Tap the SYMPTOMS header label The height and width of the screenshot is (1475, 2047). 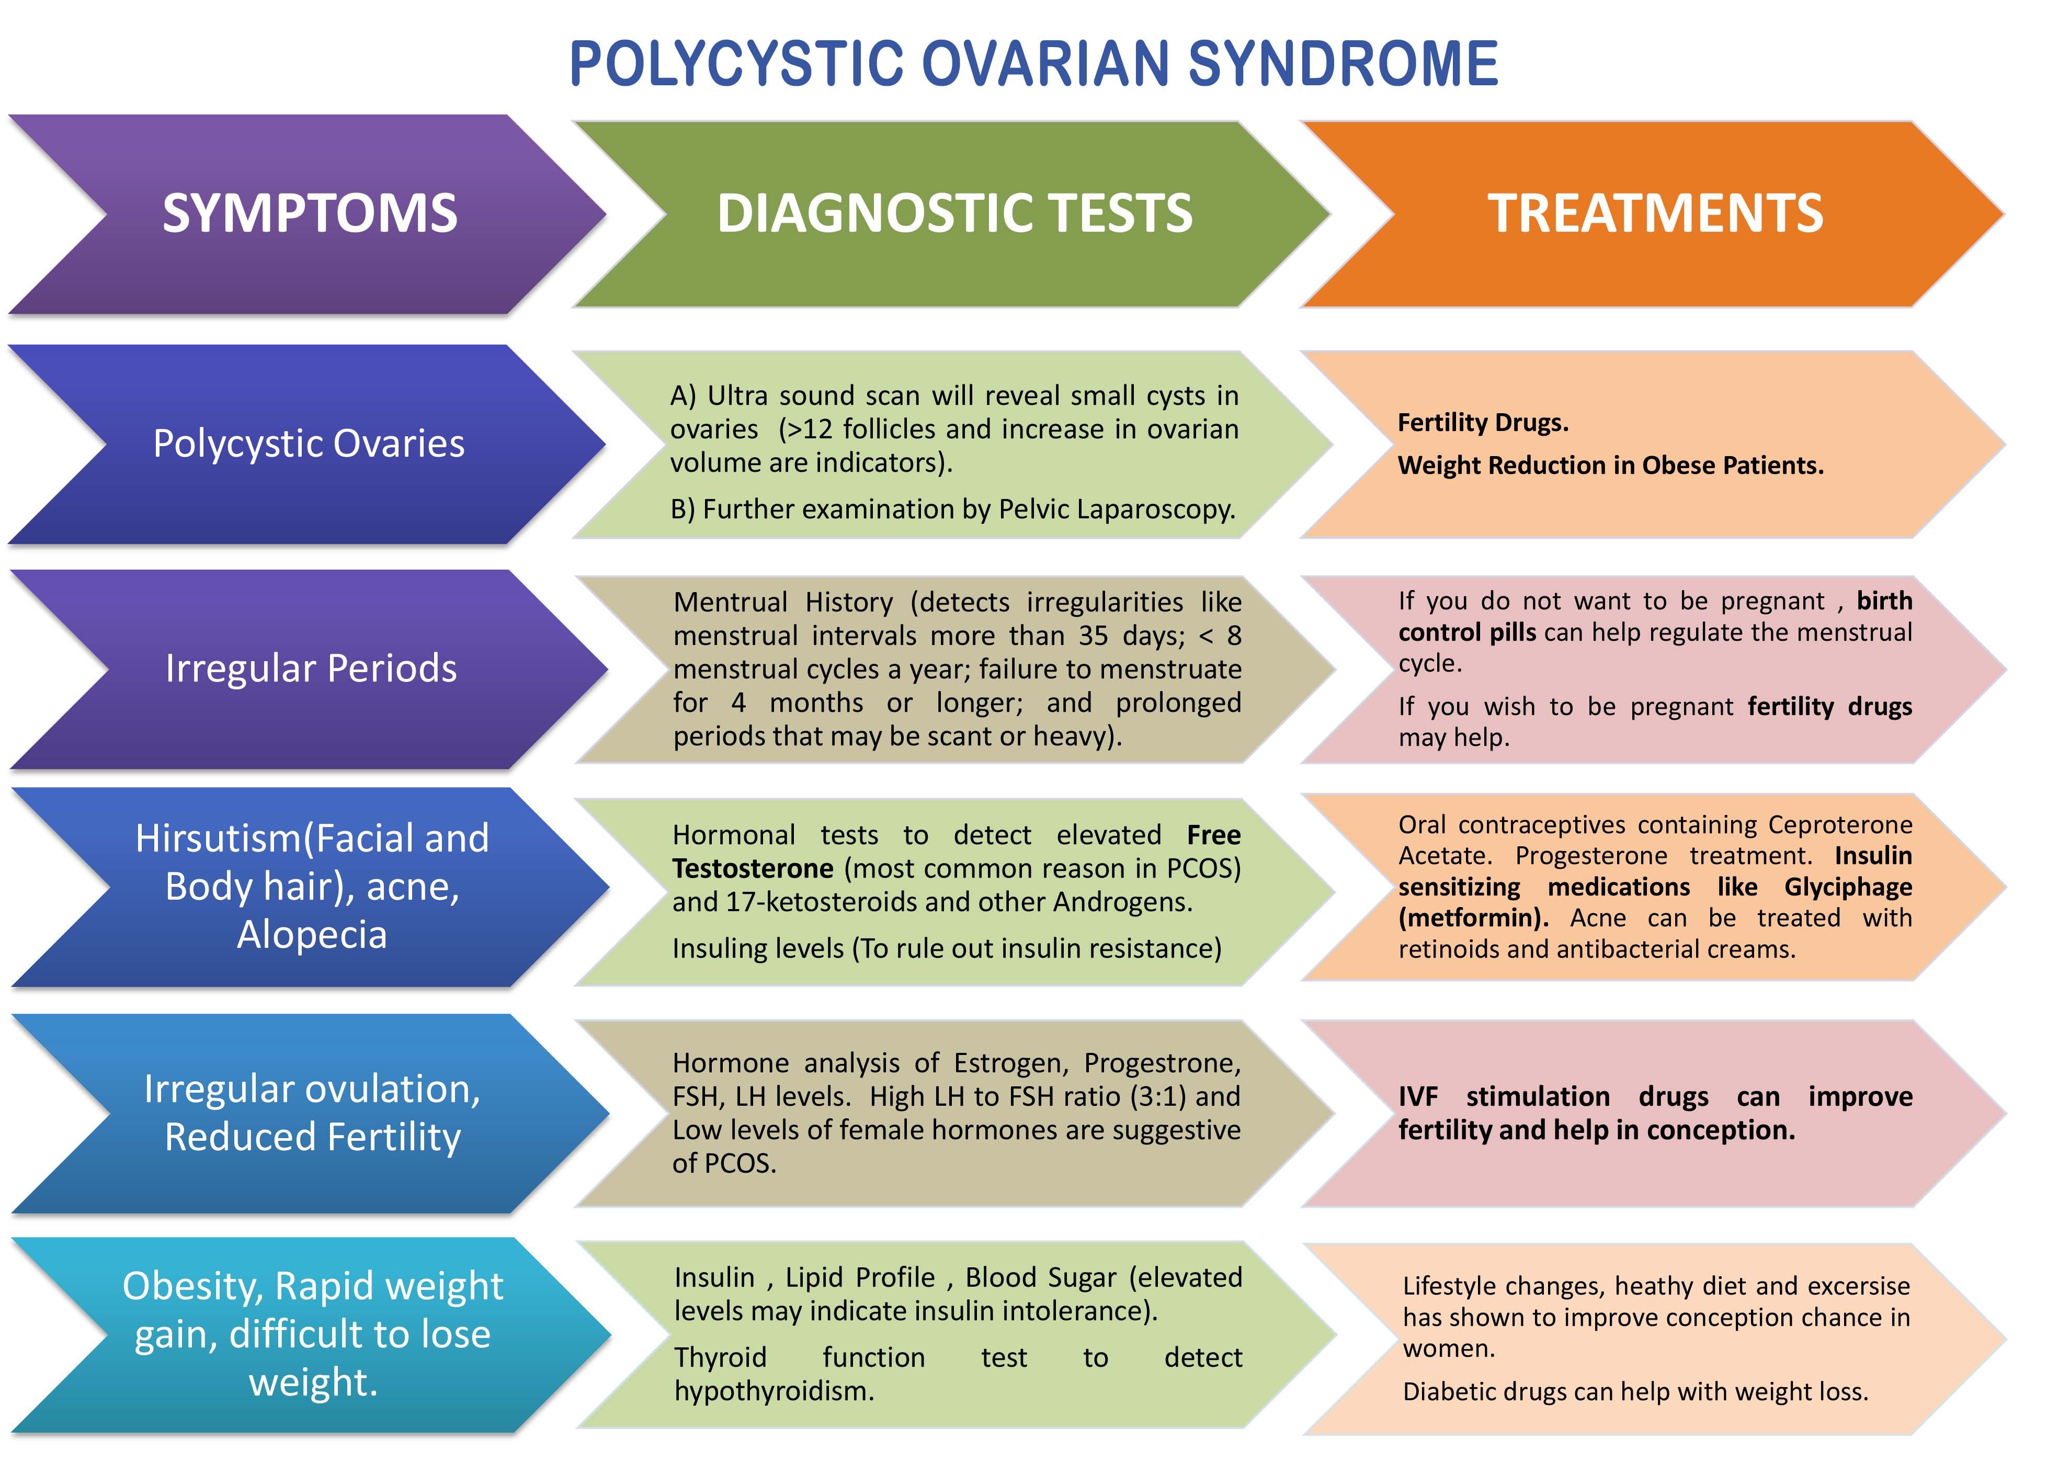(x=310, y=214)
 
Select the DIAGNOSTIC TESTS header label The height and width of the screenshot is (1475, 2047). (x=954, y=214)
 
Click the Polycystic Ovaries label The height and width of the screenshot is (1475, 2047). (x=309, y=443)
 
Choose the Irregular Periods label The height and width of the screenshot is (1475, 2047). (x=311, y=668)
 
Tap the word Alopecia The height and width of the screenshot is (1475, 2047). (x=311, y=934)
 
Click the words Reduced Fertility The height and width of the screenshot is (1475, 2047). (x=312, y=1137)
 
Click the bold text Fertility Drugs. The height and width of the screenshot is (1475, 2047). (x=1483, y=423)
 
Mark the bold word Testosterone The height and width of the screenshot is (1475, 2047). (x=753, y=868)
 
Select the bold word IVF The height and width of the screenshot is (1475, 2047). (x=1418, y=1097)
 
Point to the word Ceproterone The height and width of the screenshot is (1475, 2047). (x=1839, y=825)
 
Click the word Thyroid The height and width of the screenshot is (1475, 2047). (x=720, y=1358)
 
